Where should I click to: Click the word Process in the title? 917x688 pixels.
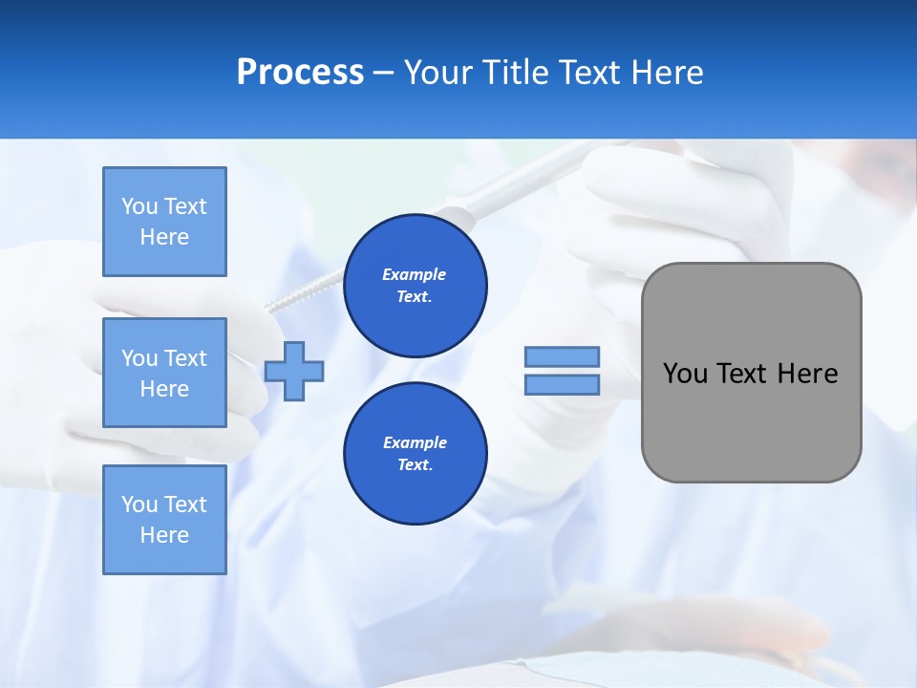300,73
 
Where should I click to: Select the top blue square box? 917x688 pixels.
164,222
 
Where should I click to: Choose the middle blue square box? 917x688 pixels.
164,373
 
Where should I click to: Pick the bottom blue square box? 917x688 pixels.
164,519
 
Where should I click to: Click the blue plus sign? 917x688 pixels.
294,371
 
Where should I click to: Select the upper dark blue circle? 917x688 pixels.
415,286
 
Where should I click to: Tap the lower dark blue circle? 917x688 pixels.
415,454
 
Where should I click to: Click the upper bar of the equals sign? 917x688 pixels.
562,356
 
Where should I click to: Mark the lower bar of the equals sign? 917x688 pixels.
562,384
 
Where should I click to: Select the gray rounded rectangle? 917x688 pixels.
751,373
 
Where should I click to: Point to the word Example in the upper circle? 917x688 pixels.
415,274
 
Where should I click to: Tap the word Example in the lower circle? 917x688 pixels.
415,442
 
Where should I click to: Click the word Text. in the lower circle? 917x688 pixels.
415,465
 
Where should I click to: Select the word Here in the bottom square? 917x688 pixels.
164,535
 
